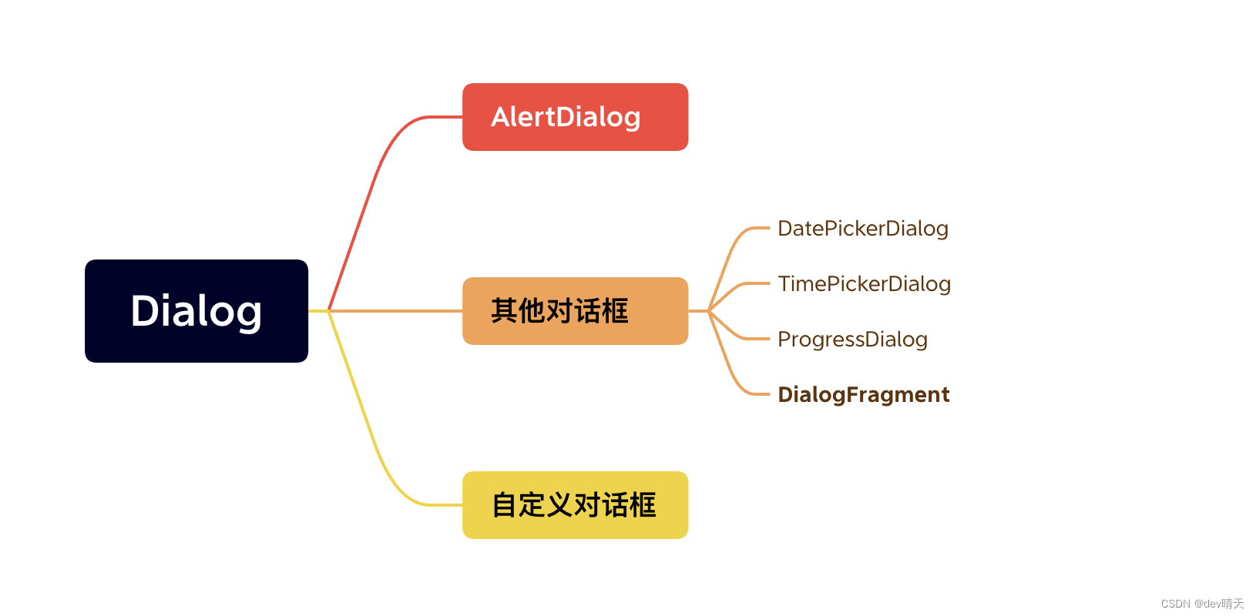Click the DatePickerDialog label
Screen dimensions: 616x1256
862,229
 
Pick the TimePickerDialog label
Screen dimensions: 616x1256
864,284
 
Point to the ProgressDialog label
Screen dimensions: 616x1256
852,340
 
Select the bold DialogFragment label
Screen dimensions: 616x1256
863,395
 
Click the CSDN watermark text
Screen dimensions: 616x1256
1202,604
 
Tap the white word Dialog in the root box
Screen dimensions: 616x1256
196,311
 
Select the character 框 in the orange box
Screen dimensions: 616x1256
615,311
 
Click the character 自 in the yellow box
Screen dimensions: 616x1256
505,505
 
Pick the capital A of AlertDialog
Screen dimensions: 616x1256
502,117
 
